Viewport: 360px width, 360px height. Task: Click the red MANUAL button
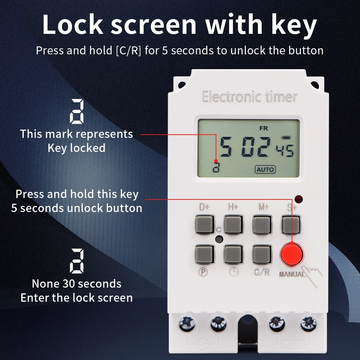point(292,255)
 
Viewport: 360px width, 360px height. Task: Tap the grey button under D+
point(204,225)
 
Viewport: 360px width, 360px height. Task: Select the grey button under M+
point(262,225)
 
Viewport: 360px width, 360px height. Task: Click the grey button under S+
point(291,225)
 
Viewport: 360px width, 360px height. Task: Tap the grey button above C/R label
point(262,255)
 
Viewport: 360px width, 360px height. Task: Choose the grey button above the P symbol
point(204,255)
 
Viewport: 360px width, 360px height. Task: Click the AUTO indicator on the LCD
point(265,170)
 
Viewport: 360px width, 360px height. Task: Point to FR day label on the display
point(264,128)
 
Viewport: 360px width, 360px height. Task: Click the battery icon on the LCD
point(286,138)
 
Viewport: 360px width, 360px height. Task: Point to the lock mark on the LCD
point(216,167)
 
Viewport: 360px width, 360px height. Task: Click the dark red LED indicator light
point(298,199)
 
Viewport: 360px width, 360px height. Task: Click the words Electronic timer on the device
point(249,96)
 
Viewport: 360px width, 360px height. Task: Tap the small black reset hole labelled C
point(219,239)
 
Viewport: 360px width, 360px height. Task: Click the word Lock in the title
point(73,24)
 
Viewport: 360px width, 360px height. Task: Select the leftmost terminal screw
point(187,324)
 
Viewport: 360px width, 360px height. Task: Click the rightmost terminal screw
point(309,324)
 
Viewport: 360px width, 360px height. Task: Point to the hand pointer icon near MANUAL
point(312,275)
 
